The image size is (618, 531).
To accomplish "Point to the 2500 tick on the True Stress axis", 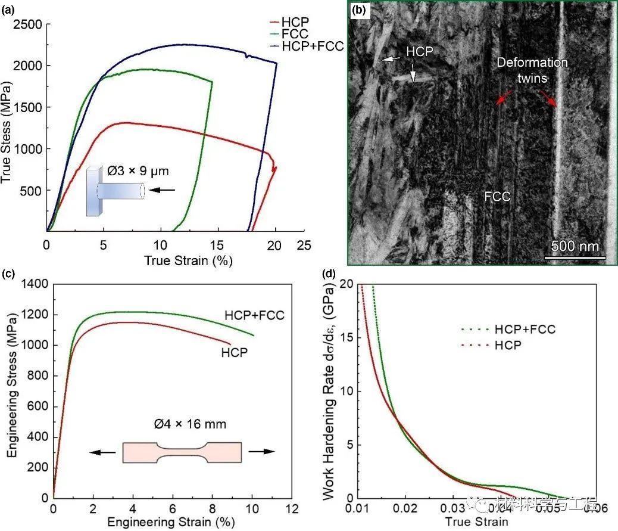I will tap(27, 24).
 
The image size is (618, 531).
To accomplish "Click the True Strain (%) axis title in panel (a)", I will tap(188, 260).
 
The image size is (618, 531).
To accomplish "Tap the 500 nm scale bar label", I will tap(575, 246).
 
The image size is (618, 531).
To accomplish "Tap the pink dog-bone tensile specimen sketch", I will tap(182, 452).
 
